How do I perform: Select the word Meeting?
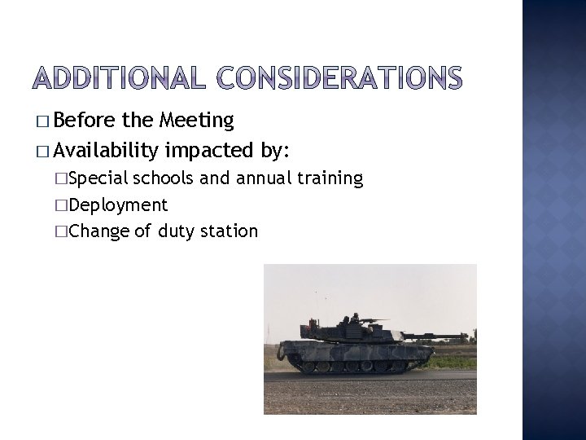tap(198, 121)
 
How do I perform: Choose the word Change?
tap(100, 231)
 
